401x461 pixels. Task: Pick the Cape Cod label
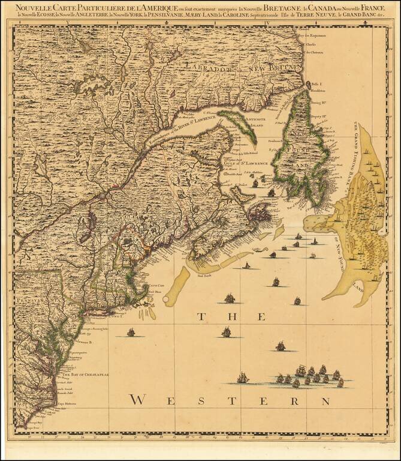tap(156, 286)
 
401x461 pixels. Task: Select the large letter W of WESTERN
tap(138, 399)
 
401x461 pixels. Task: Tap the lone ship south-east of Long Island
tap(131, 331)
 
